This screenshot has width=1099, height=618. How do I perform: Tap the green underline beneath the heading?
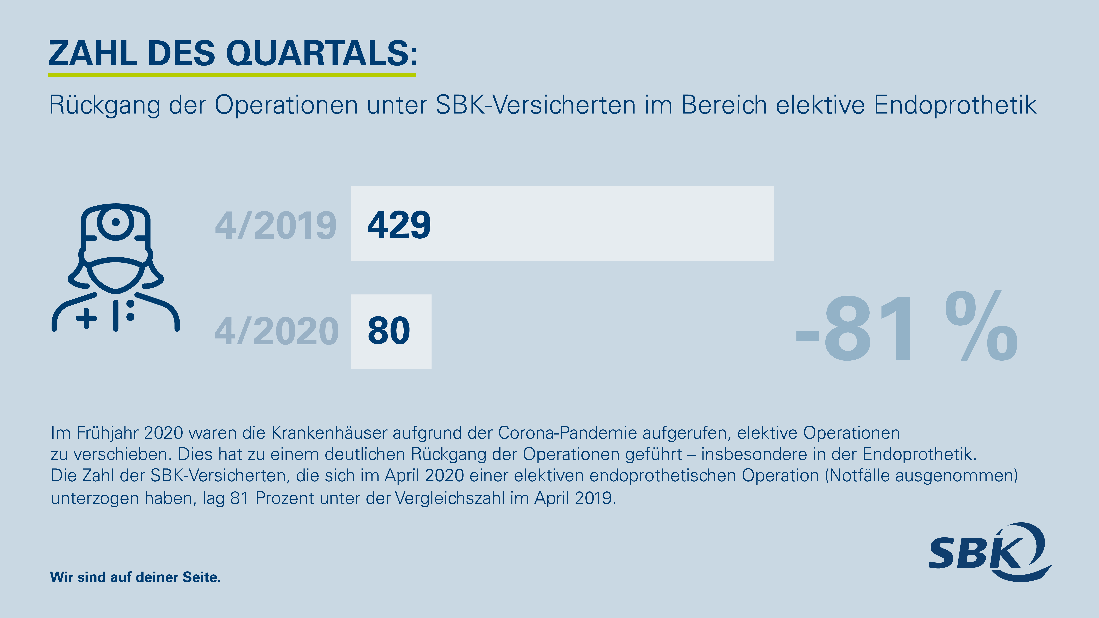[x=232, y=75]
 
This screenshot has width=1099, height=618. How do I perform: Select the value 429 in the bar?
[x=399, y=225]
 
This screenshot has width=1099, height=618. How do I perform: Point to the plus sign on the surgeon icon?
[x=87, y=318]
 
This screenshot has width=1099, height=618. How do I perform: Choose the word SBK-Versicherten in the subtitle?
[x=535, y=105]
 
